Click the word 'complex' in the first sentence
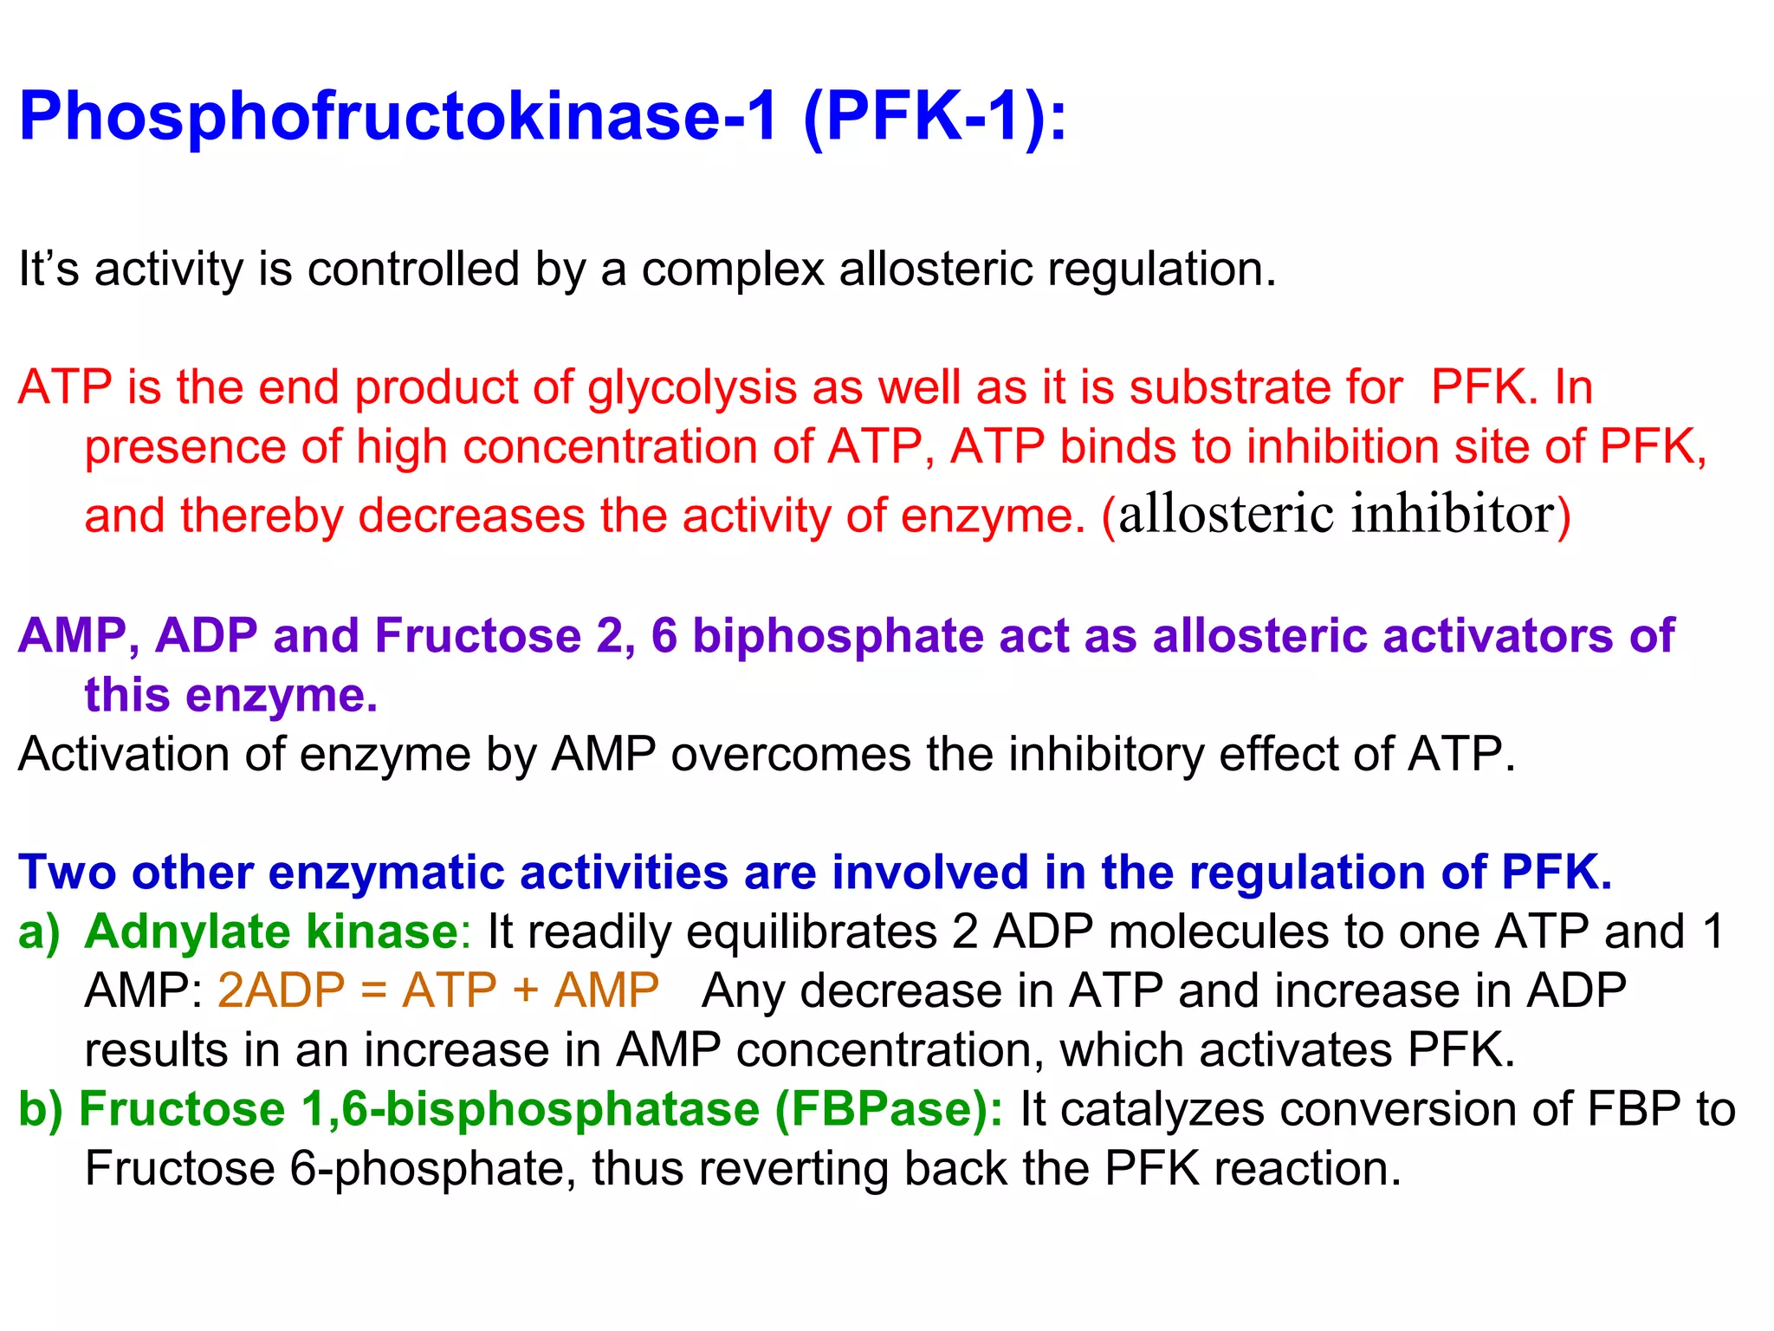(x=733, y=270)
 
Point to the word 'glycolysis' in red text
(x=692, y=387)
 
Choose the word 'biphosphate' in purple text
(x=838, y=635)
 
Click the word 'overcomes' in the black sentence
(x=790, y=754)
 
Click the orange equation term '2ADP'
(x=282, y=990)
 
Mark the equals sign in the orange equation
(x=373, y=990)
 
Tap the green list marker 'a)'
(x=40, y=932)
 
